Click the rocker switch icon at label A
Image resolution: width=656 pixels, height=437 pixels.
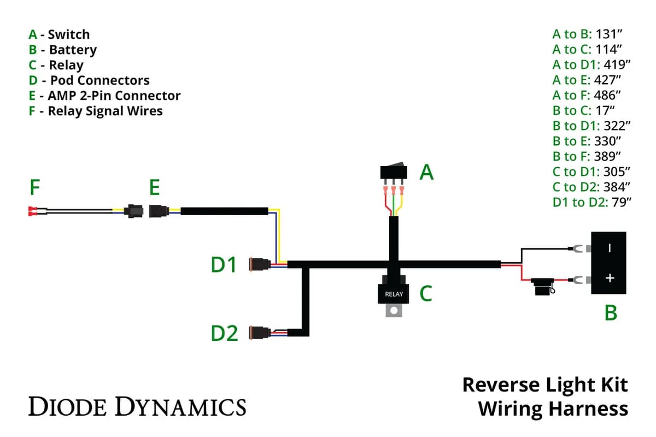pyautogui.click(x=394, y=172)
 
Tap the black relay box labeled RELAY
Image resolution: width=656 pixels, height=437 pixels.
pyautogui.click(x=394, y=293)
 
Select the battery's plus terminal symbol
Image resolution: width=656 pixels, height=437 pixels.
pyautogui.click(x=610, y=278)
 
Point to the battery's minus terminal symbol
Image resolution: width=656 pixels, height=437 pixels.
pyautogui.click(x=610, y=247)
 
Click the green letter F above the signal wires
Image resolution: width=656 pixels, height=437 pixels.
pyautogui.click(x=34, y=188)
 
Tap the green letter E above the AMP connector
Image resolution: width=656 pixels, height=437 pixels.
pyautogui.click(x=155, y=188)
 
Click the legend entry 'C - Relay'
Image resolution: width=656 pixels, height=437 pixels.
pyautogui.click(x=56, y=65)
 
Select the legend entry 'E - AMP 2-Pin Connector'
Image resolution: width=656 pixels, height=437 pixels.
pyautogui.click(x=104, y=96)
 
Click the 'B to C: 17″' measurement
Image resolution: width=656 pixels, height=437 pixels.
pyautogui.click(x=584, y=110)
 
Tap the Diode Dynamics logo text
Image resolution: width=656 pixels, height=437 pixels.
pyautogui.click(x=137, y=406)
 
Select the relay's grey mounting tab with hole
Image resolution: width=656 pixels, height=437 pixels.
pyautogui.click(x=394, y=311)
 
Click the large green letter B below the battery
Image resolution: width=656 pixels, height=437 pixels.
pyautogui.click(x=611, y=314)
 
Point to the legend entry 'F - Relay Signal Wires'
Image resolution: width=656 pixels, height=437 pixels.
pyautogui.click(x=96, y=111)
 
